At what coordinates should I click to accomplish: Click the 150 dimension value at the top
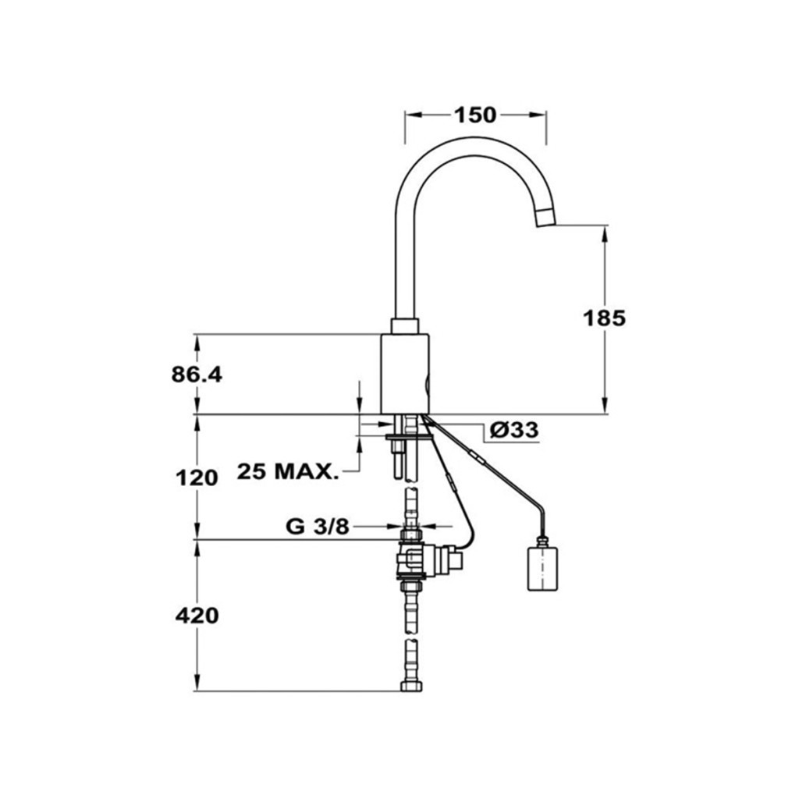click(475, 115)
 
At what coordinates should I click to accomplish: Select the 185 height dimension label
click(604, 319)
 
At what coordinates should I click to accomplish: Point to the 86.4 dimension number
click(197, 375)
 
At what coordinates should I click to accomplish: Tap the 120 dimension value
click(197, 478)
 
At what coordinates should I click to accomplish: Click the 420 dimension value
click(197, 616)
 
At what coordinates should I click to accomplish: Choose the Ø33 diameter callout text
click(513, 430)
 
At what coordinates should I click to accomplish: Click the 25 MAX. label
click(288, 471)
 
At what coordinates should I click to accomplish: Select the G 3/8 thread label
click(318, 526)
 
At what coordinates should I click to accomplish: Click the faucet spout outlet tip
click(546, 219)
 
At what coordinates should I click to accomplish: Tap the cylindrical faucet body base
click(406, 374)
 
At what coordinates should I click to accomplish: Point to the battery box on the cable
click(542, 566)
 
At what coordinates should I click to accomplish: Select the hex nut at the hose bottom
click(410, 685)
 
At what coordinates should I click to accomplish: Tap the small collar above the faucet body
click(405, 326)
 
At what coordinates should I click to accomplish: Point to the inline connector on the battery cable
click(479, 457)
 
